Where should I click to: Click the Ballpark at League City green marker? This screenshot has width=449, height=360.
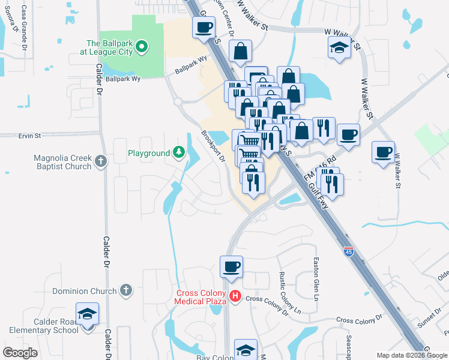coord(142,46)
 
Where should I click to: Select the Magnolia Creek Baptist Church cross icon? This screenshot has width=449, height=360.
coord(100,161)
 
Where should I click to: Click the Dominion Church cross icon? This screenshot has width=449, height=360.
coord(125,291)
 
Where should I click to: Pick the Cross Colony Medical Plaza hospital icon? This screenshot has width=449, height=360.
coord(235,296)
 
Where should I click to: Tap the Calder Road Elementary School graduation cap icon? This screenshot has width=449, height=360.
coord(87,314)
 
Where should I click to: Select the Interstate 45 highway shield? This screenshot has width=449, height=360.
coord(349,251)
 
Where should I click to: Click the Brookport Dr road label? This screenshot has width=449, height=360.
coord(213,146)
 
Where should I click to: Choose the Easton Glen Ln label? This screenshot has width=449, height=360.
coord(316,278)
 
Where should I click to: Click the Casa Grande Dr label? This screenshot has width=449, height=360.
coord(24,28)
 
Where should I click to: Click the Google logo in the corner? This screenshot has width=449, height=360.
coord(20,353)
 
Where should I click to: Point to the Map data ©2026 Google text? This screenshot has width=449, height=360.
coord(411,355)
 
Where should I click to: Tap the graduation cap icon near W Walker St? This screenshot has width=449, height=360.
coord(339,47)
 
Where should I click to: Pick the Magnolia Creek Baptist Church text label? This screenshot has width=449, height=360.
coord(62,162)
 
